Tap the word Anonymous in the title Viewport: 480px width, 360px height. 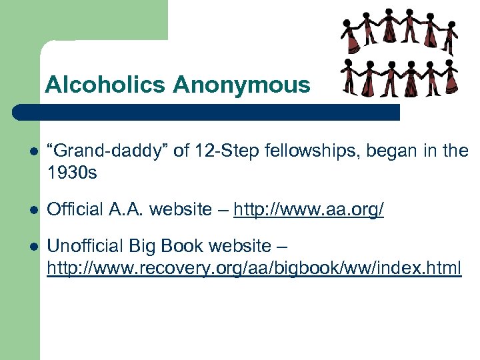pos(241,85)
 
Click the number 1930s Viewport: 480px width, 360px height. pos(72,173)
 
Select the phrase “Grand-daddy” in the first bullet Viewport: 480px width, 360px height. pos(107,151)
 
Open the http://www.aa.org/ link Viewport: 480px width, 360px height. pos(309,210)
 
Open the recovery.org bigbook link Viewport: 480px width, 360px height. pos(253,268)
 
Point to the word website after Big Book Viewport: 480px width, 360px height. pos(238,246)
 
